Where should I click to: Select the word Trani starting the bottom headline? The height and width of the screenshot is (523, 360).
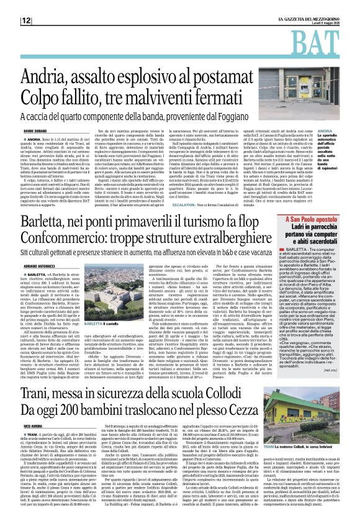click(x=41, y=354)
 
